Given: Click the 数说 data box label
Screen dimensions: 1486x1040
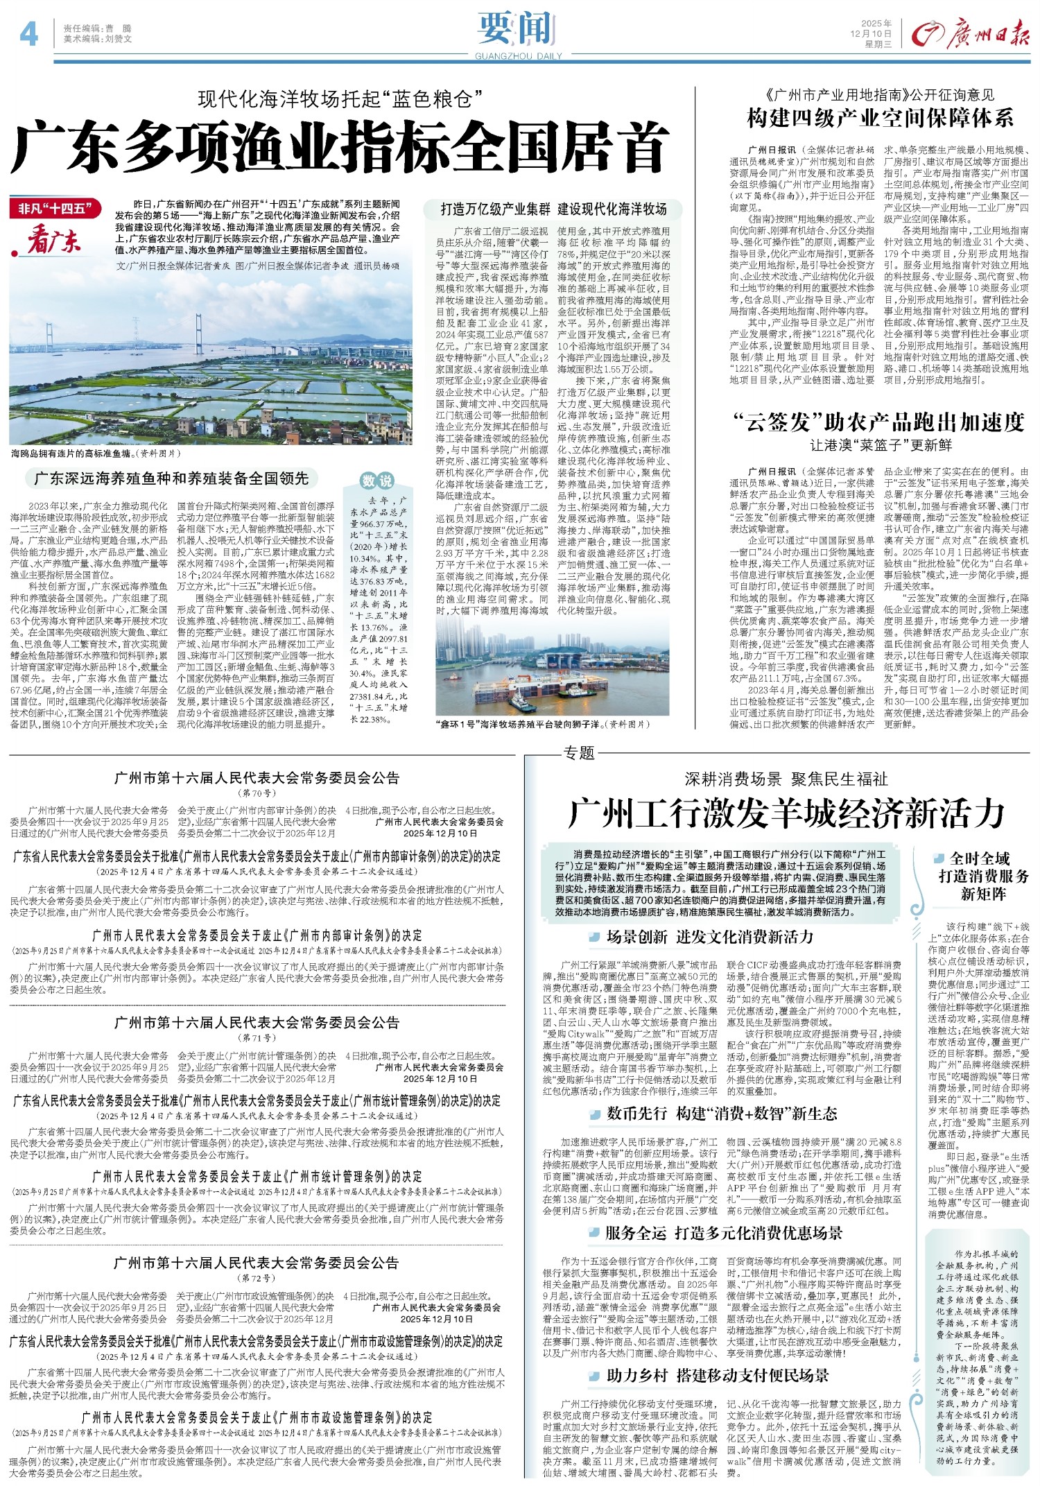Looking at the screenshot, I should click(377, 481).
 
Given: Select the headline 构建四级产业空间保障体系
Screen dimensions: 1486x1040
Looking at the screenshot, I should click(880, 118).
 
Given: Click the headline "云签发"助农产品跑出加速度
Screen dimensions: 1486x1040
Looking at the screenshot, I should click(879, 422).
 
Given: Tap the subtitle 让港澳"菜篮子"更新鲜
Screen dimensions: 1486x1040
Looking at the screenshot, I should click(880, 444).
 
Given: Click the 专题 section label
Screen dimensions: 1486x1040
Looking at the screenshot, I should click(579, 752).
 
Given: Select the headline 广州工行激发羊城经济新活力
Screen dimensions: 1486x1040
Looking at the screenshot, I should click(786, 813).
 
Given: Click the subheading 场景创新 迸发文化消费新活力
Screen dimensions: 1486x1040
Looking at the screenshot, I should click(709, 938).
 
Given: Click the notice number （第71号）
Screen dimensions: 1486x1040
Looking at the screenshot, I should click(257, 1038).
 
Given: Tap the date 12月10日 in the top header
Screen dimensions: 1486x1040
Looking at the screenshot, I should click(872, 33).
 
